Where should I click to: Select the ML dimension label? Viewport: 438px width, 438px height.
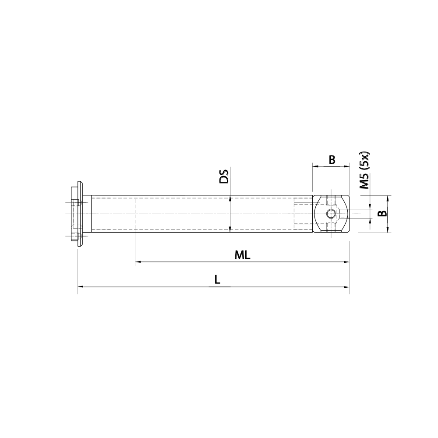click(242, 255)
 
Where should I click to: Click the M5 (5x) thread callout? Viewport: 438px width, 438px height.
click(364, 171)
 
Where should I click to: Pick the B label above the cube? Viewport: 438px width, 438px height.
click(332, 160)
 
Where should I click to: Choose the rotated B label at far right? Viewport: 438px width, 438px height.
click(382, 214)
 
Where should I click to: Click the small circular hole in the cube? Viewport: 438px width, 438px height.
click(331, 214)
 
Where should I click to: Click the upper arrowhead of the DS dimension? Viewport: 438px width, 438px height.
click(230, 198)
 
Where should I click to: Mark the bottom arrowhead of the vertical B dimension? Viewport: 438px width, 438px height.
click(389, 230)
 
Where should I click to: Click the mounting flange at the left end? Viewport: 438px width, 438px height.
click(79, 214)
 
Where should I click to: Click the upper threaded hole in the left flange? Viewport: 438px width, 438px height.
click(77, 203)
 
